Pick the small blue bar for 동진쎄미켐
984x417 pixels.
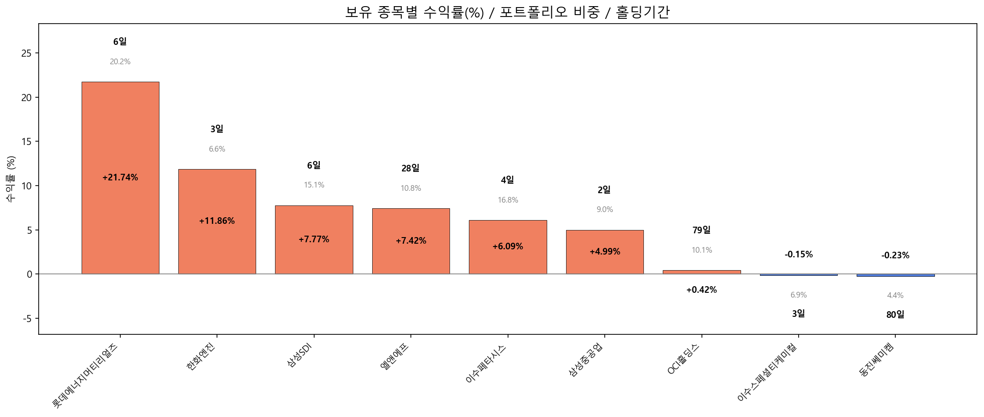895,275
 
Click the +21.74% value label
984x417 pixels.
120,178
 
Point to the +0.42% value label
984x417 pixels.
701,290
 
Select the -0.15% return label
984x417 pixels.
799,255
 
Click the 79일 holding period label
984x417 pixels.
701,230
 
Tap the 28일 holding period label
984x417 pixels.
410,168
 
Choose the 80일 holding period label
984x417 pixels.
895,315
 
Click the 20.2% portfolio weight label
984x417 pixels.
120,62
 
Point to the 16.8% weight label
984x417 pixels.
508,200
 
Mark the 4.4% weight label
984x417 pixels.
895,296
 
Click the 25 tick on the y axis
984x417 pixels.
26,53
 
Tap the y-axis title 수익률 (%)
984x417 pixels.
11,179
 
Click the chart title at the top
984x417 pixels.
508,12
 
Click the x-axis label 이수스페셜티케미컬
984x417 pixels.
767,372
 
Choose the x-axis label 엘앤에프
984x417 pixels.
395,357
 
